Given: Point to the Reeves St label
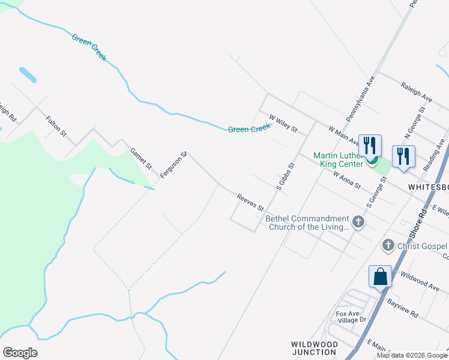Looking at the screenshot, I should (250, 202).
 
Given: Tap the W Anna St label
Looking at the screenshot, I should (347, 180).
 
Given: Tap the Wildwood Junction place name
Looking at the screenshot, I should (313, 348).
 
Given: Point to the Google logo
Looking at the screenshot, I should (20, 353).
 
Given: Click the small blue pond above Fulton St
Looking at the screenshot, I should (28, 75).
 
